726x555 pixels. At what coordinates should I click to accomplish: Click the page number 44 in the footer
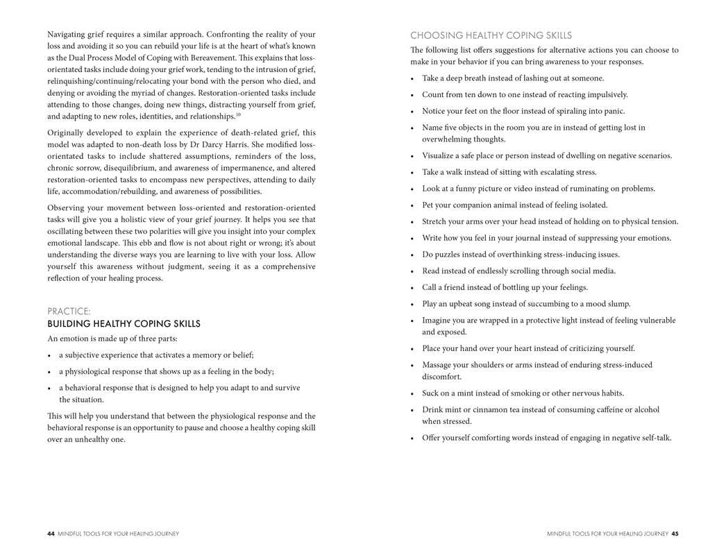(x=51, y=533)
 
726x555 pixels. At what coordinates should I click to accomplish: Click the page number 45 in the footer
(x=675, y=533)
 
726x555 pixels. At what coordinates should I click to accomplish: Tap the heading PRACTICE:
(x=69, y=311)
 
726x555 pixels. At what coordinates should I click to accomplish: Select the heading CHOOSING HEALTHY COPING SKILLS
(x=491, y=35)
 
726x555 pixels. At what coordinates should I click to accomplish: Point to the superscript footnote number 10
(x=238, y=114)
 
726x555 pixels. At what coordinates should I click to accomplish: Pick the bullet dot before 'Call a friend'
(x=413, y=288)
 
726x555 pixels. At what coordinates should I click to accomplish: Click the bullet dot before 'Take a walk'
(x=413, y=173)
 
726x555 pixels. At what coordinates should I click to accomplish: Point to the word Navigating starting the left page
(x=69, y=34)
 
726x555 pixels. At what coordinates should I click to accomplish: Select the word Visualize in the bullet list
(x=440, y=155)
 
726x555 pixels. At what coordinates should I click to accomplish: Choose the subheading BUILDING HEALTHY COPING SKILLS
(x=124, y=324)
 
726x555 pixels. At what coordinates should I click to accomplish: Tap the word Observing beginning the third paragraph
(x=67, y=207)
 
